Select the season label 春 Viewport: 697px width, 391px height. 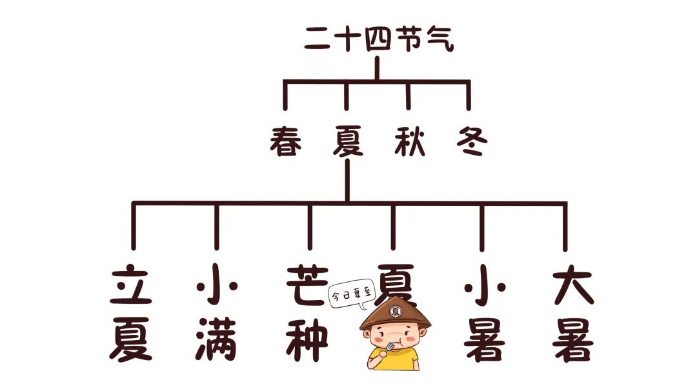(286, 140)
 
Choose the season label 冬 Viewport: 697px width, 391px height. (469, 140)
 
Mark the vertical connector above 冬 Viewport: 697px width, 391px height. (468, 95)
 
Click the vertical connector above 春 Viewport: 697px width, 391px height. (285, 95)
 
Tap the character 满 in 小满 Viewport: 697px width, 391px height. (216, 339)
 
